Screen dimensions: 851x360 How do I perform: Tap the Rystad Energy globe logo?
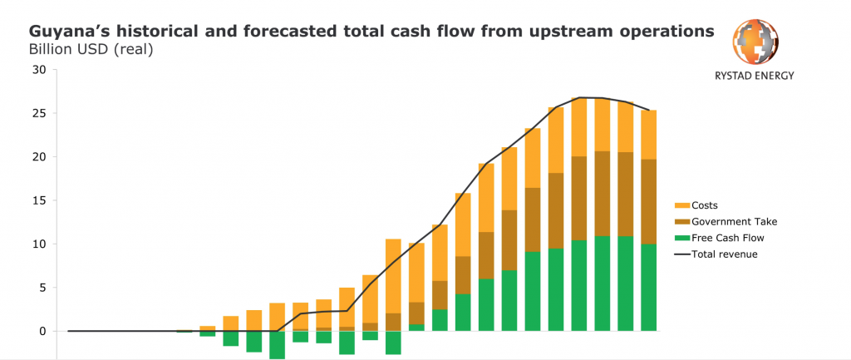click(x=755, y=43)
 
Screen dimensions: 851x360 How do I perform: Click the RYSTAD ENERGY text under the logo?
click(x=755, y=76)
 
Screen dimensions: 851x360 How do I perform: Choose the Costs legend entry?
click(x=696, y=205)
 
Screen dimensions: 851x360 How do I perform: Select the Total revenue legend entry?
click(x=716, y=254)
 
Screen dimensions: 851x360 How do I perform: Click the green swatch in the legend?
click(x=681, y=238)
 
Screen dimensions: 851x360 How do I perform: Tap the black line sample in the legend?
click(x=681, y=254)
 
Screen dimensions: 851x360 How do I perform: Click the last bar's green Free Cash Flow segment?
click(x=648, y=287)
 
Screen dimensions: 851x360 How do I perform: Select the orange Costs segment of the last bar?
click(x=648, y=135)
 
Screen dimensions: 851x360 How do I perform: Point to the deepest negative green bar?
click(x=277, y=345)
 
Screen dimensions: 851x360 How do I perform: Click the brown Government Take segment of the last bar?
click(x=648, y=201)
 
